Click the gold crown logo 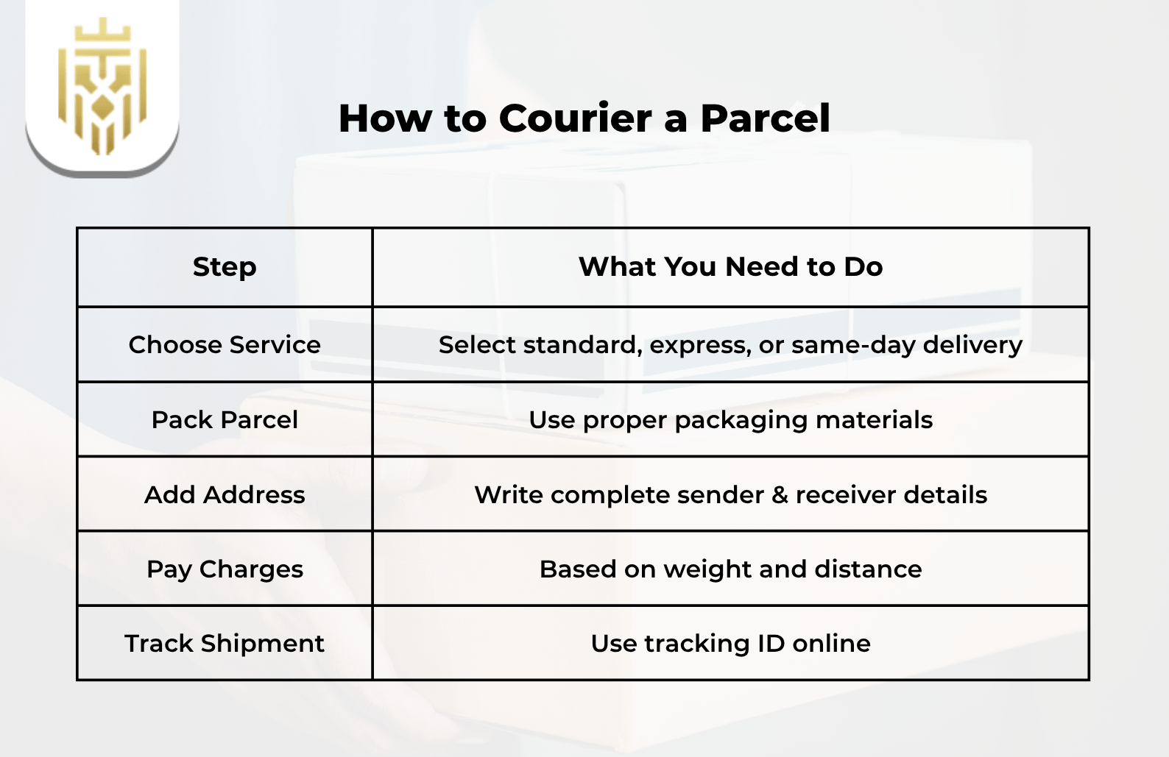pos(102,85)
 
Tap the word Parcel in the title pos(765,118)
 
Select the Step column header pos(225,267)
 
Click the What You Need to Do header pos(730,267)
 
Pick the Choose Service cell pos(225,345)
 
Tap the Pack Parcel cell pos(225,420)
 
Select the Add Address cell pos(225,495)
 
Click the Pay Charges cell pos(225,569)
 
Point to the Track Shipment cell pos(225,644)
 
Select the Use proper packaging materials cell pos(730,420)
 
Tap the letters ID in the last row pos(771,644)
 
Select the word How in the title pos(384,118)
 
